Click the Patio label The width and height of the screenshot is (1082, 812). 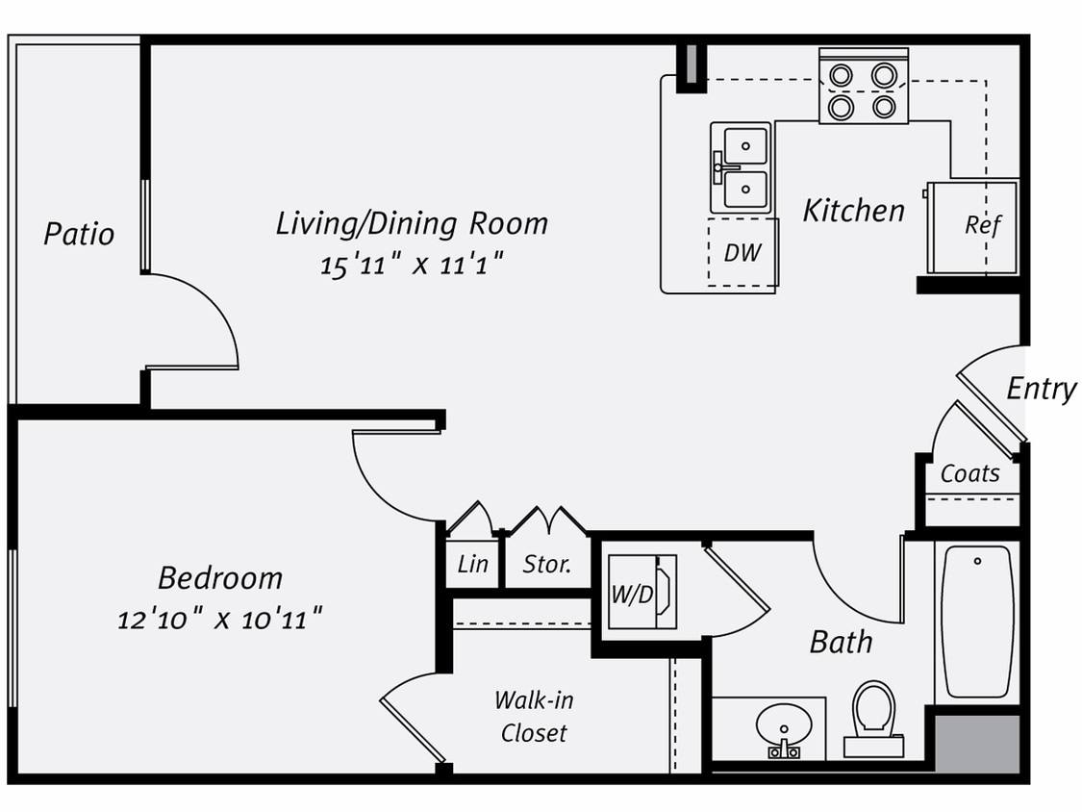click(x=79, y=234)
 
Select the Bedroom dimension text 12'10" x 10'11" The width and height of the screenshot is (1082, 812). click(x=219, y=619)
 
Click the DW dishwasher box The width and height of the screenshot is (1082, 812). click(x=742, y=253)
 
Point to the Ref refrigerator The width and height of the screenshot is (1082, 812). click(x=973, y=226)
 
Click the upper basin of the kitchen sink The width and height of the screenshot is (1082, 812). click(x=745, y=146)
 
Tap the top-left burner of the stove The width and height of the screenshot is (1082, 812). click(x=842, y=75)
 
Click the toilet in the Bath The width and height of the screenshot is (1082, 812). click(x=873, y=717)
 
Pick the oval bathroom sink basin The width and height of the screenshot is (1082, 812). click(x=783, y=723)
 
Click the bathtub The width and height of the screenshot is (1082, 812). click(x=976, y=621)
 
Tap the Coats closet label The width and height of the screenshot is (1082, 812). click(x=969, y=474)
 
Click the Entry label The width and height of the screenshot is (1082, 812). click(x=1041, y=390)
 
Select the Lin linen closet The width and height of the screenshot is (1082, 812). click(x=472, y=565)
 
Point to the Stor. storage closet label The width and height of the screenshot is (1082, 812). click(x=547, y=565)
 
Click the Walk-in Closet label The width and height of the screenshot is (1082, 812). click(x=534, y=716)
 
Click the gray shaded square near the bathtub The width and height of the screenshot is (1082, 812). click(x=977, y=742)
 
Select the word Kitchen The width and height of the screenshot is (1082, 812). click(x=854, y=211)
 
